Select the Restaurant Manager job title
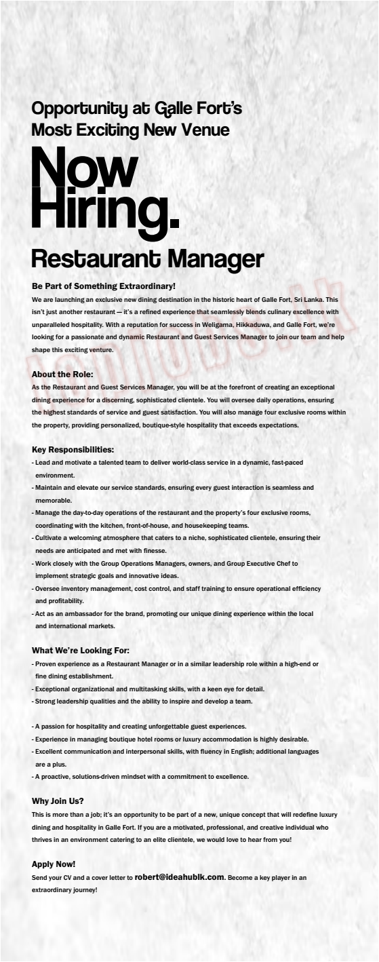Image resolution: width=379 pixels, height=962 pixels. point(147,258)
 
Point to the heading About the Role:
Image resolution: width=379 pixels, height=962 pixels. point(62,374)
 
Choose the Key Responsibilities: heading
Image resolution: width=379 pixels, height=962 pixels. point(73,449)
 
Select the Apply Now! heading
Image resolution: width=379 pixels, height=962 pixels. point(54,864)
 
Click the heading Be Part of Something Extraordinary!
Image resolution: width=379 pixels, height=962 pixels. point(104,287)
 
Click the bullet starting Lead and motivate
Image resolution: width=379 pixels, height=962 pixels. point(168,462)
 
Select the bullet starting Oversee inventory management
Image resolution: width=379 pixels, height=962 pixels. point(176,588)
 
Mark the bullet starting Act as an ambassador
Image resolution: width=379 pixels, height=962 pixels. point(173,613)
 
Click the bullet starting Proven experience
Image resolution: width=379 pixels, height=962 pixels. point(175,663)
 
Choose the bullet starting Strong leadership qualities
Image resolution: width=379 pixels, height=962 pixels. point(143,701)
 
